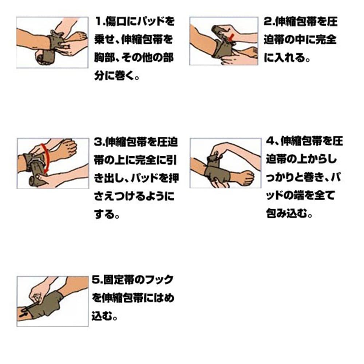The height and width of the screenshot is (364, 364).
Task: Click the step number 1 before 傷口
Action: pyautogui.click(x=99, y=21)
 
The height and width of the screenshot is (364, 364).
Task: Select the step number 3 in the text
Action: pyautogui.click(x=98, y=142)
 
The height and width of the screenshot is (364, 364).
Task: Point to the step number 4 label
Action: pyautogui.click(x=270, y=141)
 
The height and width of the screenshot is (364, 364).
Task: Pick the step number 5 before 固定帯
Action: pyautogui.click(x=96, y=280)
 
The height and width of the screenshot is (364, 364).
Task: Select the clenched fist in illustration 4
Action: pyautogui.click(x=246, y=177)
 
